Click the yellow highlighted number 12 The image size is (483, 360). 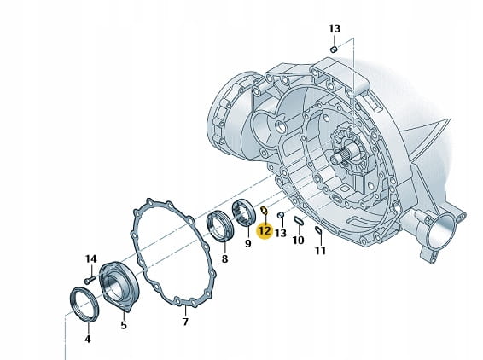265,230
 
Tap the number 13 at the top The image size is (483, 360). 335,29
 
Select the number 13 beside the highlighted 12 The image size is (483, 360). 280,233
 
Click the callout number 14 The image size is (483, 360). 90,259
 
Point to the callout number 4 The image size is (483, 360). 88,339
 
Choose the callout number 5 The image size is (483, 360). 124,325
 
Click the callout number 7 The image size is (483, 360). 185,322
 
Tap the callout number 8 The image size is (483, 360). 225,259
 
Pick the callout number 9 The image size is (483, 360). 248,244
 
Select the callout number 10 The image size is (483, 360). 298,241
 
